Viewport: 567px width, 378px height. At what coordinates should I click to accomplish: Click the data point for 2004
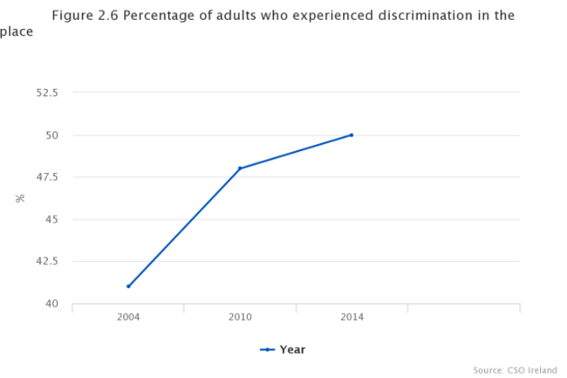(128, 286)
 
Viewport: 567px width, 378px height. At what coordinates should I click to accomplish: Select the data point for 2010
(240, 168)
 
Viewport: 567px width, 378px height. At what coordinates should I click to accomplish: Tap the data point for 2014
(352, 134)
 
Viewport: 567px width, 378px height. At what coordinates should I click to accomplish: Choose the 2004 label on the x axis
(128, 317)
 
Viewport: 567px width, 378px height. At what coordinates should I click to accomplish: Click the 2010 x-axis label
(240, 317)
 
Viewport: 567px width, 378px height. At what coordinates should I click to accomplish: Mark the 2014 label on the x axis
(352, 317)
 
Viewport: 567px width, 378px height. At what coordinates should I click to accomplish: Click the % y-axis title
(20, 198)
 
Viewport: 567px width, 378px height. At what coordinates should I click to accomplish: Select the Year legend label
(292, 349)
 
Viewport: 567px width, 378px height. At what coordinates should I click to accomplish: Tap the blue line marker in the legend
(268, 349)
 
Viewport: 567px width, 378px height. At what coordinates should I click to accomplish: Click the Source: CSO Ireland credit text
(516, 369)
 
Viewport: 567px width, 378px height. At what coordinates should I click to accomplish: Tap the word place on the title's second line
(17, 32)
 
